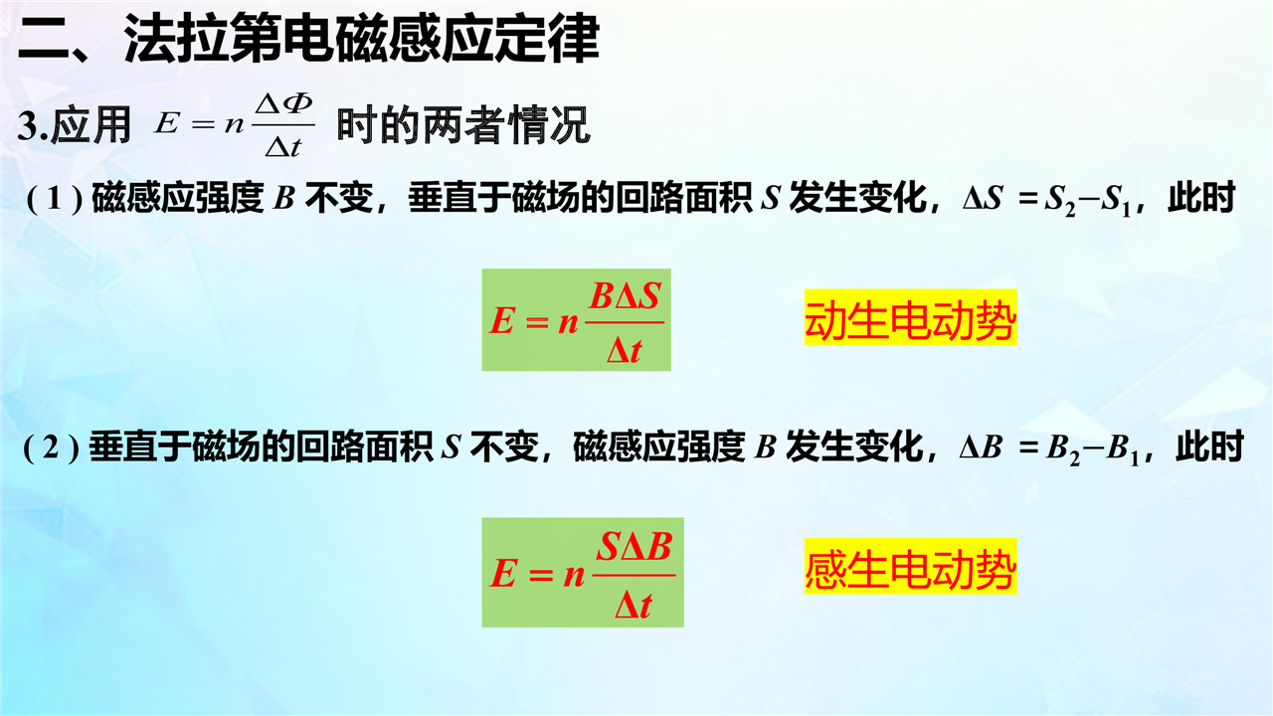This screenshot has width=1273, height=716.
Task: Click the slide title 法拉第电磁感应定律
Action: click(x=362, y=39)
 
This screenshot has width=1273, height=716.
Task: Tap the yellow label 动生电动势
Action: click(x=910, y=317)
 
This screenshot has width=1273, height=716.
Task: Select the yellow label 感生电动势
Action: click(x=910, y=567)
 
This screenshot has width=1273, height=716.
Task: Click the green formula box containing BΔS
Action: click(x=576, y=320)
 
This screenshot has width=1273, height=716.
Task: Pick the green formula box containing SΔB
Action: click(x=583, y=572)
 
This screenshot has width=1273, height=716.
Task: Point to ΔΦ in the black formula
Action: click(x=283, y=104)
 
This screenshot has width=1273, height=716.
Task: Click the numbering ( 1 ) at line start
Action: click(x=55, y=198)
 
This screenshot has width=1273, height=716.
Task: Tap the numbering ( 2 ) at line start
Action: click(x=51, y=448)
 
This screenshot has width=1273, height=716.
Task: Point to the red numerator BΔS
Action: click(x=626, y=296)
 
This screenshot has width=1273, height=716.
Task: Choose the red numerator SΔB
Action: click(x=635, y=547)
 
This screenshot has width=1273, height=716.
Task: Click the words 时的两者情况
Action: click(x=463, y=125)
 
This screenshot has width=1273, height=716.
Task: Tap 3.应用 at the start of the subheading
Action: click(x=74, y=125)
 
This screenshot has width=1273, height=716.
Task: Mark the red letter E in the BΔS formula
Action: click(x=502, y=320)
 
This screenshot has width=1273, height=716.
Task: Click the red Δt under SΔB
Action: click(x=634, y=605)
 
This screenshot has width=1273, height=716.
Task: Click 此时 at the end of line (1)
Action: click(x=1201, y=198)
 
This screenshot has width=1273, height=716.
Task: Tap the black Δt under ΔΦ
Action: click(x=283, y=147)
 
